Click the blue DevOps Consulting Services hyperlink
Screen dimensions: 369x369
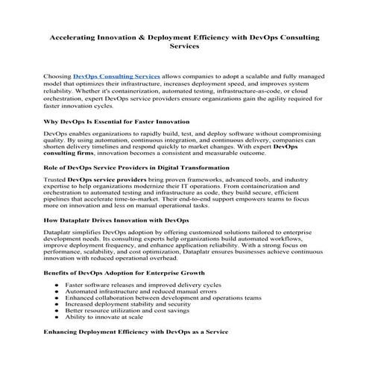tap(116, 76)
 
